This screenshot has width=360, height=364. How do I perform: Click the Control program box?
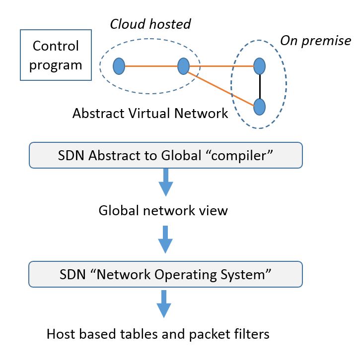click(56, 55)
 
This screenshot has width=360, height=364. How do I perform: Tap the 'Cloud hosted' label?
click(150, 24)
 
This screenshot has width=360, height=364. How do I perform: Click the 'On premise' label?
click(315, 41)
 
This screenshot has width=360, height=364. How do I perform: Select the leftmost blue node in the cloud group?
click(118, 66)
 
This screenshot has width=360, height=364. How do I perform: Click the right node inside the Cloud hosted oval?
click(183, 66)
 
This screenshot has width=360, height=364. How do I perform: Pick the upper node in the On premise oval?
click(259, 66)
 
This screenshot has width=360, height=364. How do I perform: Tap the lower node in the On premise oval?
click(259, 106)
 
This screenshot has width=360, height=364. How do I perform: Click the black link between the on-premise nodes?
click(259, 86)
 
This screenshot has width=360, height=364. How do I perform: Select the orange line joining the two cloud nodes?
click(150, 66)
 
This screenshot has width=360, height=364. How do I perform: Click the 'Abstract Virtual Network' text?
click(150, 114)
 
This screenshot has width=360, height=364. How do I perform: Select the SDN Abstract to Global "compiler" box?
click(165, 155)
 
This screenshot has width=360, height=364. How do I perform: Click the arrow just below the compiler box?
click(165, 182)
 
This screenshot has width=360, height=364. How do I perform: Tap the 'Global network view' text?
click(163, 210)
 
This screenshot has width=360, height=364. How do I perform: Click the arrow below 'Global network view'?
click(165, 239)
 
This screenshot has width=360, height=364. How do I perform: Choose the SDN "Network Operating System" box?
click(165, 275)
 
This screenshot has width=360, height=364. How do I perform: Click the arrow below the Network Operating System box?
click(164, 304)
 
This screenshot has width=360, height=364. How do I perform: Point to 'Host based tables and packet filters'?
click(158, 334)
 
